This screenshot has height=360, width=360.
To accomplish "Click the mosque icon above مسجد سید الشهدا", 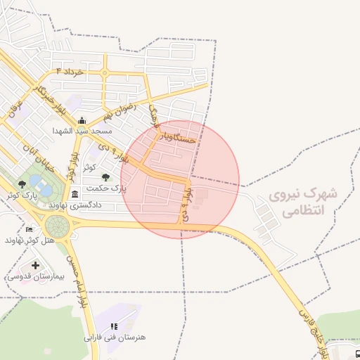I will coord(82,120).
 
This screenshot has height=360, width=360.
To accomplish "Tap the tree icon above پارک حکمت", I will coord(105,178).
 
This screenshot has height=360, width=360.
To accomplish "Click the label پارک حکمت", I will coord(105,188).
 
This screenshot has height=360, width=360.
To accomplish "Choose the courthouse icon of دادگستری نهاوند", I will coord(75,194).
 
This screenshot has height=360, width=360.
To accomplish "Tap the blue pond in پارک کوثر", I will coord(41,188).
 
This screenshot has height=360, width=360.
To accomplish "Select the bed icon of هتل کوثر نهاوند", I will coord(29,229).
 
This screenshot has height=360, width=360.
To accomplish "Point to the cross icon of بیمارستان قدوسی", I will coord(36,265).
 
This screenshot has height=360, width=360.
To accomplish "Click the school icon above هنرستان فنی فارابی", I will coord(114,326).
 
